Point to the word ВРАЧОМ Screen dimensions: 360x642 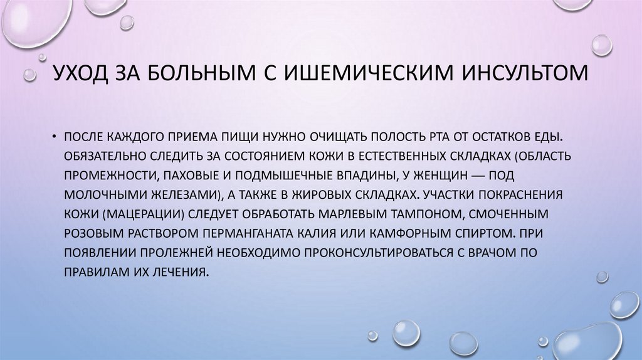[x=492, y=252]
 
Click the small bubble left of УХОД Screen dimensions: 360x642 [x=29, y=75]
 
